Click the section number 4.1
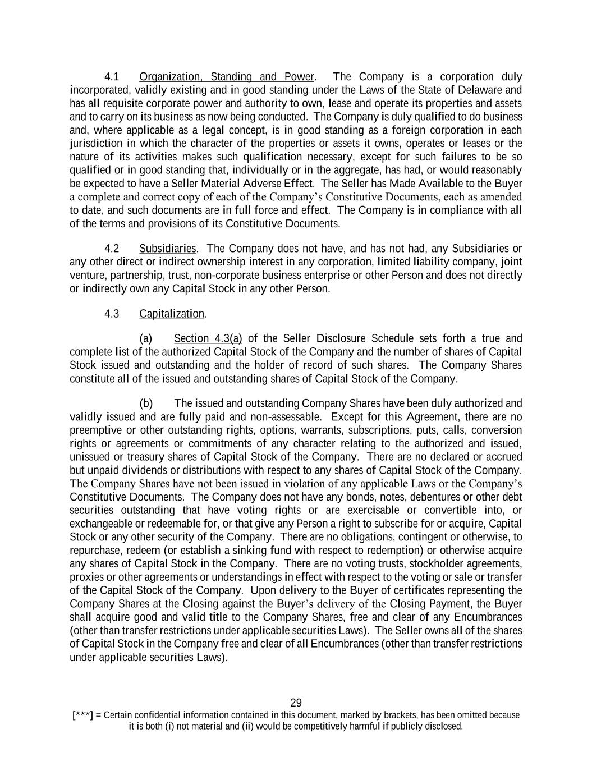112,77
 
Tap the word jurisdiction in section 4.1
94,144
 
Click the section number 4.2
112,249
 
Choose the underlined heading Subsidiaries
168,249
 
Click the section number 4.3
112,314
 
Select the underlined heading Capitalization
172,314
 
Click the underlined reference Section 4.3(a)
208,338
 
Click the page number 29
296,703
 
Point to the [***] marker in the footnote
82,715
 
